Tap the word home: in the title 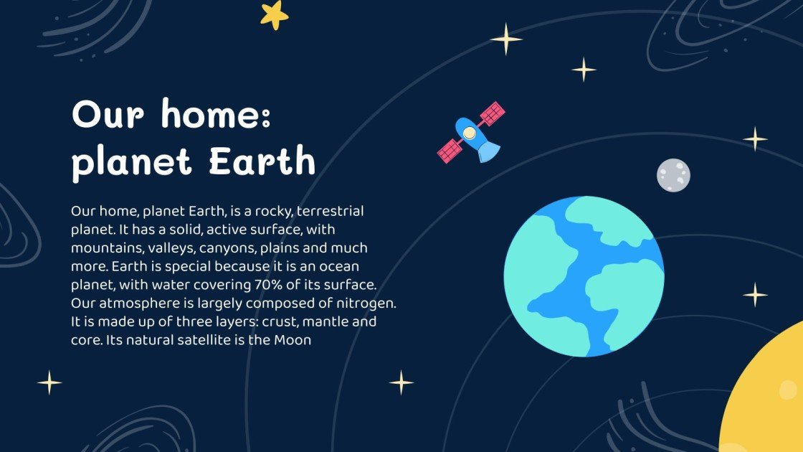[x=216, y=115]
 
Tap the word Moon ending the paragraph [x=293, y=340]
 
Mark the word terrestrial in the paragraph [x=331, y=212]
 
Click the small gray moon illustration [x=673, y=176]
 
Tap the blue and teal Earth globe [x=584, y=276]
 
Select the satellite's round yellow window [x=469, y=133]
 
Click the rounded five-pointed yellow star [x=274, y=14]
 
